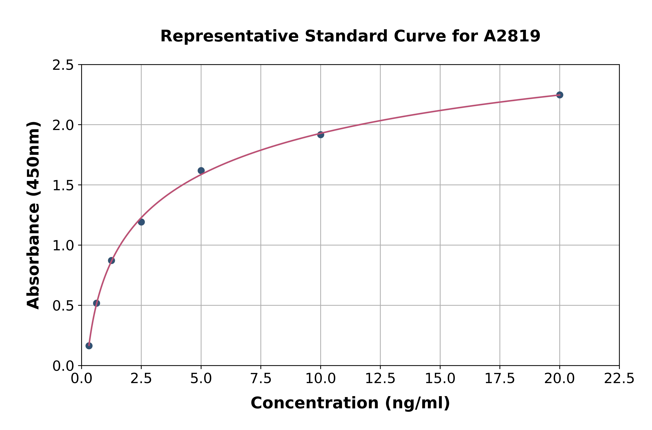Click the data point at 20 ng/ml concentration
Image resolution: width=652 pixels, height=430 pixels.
point(560,95)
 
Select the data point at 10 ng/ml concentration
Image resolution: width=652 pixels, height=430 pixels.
point(320,135)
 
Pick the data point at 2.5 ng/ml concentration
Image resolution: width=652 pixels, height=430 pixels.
point(141,222)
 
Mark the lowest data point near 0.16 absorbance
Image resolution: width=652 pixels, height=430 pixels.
point(89,346)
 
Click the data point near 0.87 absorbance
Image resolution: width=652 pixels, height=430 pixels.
point(111,260)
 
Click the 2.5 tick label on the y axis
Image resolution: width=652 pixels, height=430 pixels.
point(63,65)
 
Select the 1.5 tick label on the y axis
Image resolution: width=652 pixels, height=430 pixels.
point(63,186)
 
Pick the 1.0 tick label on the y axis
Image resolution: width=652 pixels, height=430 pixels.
point(63,246)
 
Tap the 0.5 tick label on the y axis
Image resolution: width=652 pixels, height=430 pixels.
point(63,306)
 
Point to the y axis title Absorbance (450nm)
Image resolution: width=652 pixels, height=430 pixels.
point(33,215)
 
